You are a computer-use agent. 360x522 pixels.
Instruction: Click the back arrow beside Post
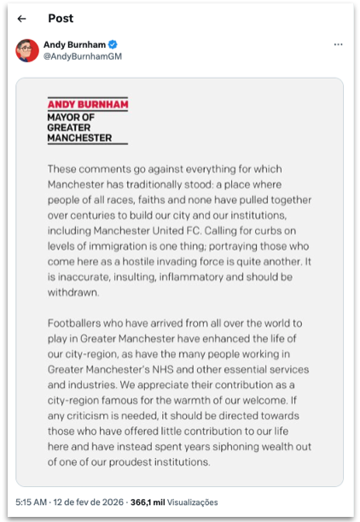point(22,18)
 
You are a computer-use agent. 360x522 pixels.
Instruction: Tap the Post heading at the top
point(61,18)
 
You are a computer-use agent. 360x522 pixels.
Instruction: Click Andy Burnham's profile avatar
point(27,50)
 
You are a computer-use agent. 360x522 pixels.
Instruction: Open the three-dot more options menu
point(338,44)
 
